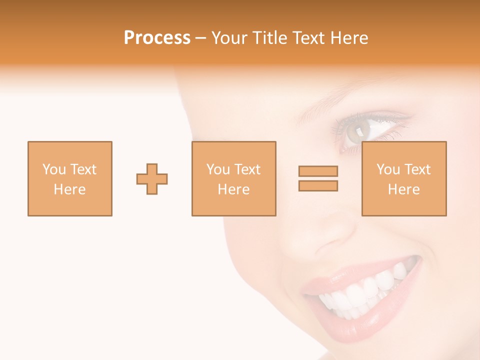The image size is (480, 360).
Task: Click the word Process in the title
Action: tap(157, 38)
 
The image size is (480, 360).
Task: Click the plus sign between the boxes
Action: tap(152, 178)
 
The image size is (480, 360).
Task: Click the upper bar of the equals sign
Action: tap(318, 171)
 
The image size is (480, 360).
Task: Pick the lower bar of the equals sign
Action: tap(318, 186)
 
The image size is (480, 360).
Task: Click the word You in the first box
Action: tap(54, 169)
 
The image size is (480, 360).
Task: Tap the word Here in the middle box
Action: tap(234, 189)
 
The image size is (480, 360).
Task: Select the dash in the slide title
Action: tap(201, 38)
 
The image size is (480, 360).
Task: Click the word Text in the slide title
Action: tap(307, 38)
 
